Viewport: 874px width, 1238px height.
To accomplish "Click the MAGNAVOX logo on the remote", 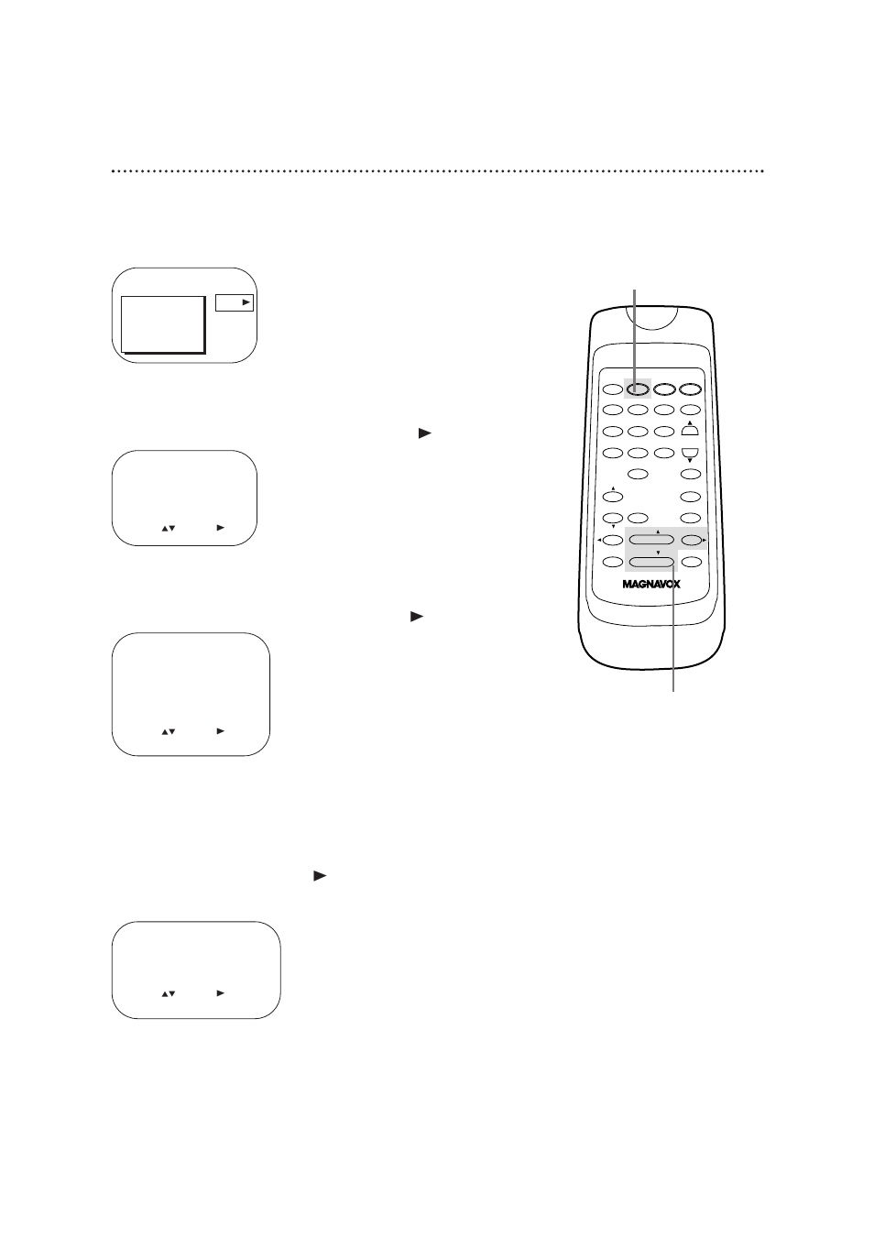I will coord(651,584).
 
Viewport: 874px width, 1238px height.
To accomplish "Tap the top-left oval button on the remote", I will coord(612,389).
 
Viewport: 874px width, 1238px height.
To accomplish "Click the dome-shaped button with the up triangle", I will coord(690,430).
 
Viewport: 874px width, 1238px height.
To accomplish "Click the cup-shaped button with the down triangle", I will coord(690,452).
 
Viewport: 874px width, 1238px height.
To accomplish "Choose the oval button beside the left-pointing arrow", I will coord(612,541).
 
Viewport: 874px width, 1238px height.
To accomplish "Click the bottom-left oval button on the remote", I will coord(612,562).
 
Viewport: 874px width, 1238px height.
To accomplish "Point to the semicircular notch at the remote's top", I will coord(651,319).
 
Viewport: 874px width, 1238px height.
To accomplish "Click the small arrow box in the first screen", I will coord(235,302).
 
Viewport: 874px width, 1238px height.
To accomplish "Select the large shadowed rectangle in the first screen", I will coord(162,323).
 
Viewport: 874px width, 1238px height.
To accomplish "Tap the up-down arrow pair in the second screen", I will coord(168,529).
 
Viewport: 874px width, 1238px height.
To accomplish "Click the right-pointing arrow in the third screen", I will coord(221,731).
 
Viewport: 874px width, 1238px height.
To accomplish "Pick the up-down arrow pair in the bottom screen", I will coord(168,993).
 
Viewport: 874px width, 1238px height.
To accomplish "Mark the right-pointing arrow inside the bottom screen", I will coord(221,992).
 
